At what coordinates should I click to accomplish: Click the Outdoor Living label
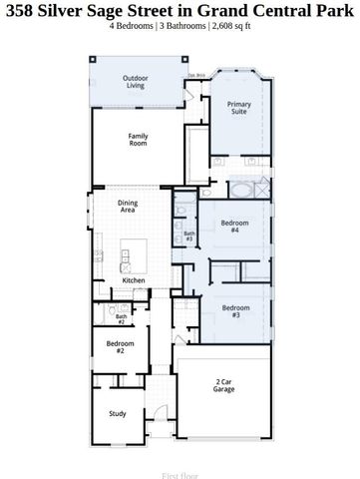137,81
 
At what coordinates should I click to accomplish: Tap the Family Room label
138,140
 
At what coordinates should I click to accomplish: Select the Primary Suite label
237,108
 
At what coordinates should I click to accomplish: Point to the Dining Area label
128,207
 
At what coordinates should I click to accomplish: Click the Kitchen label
134,280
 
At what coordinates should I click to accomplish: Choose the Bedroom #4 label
235,227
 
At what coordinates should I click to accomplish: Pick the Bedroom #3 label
235,310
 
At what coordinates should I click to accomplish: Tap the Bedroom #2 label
116,347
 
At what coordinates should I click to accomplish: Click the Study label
118,413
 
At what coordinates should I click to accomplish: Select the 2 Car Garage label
224,385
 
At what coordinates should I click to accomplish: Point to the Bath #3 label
188,237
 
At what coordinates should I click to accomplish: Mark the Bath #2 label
121,319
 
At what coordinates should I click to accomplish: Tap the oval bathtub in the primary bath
242,189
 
